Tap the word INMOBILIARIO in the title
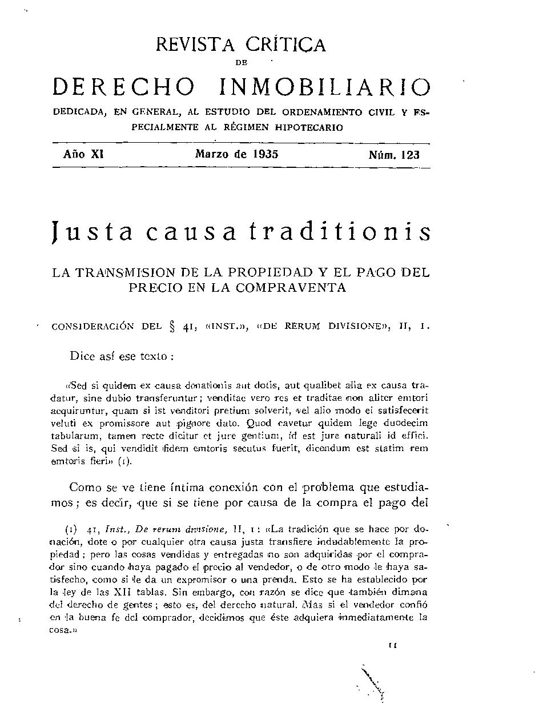click(x=324, y=87)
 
